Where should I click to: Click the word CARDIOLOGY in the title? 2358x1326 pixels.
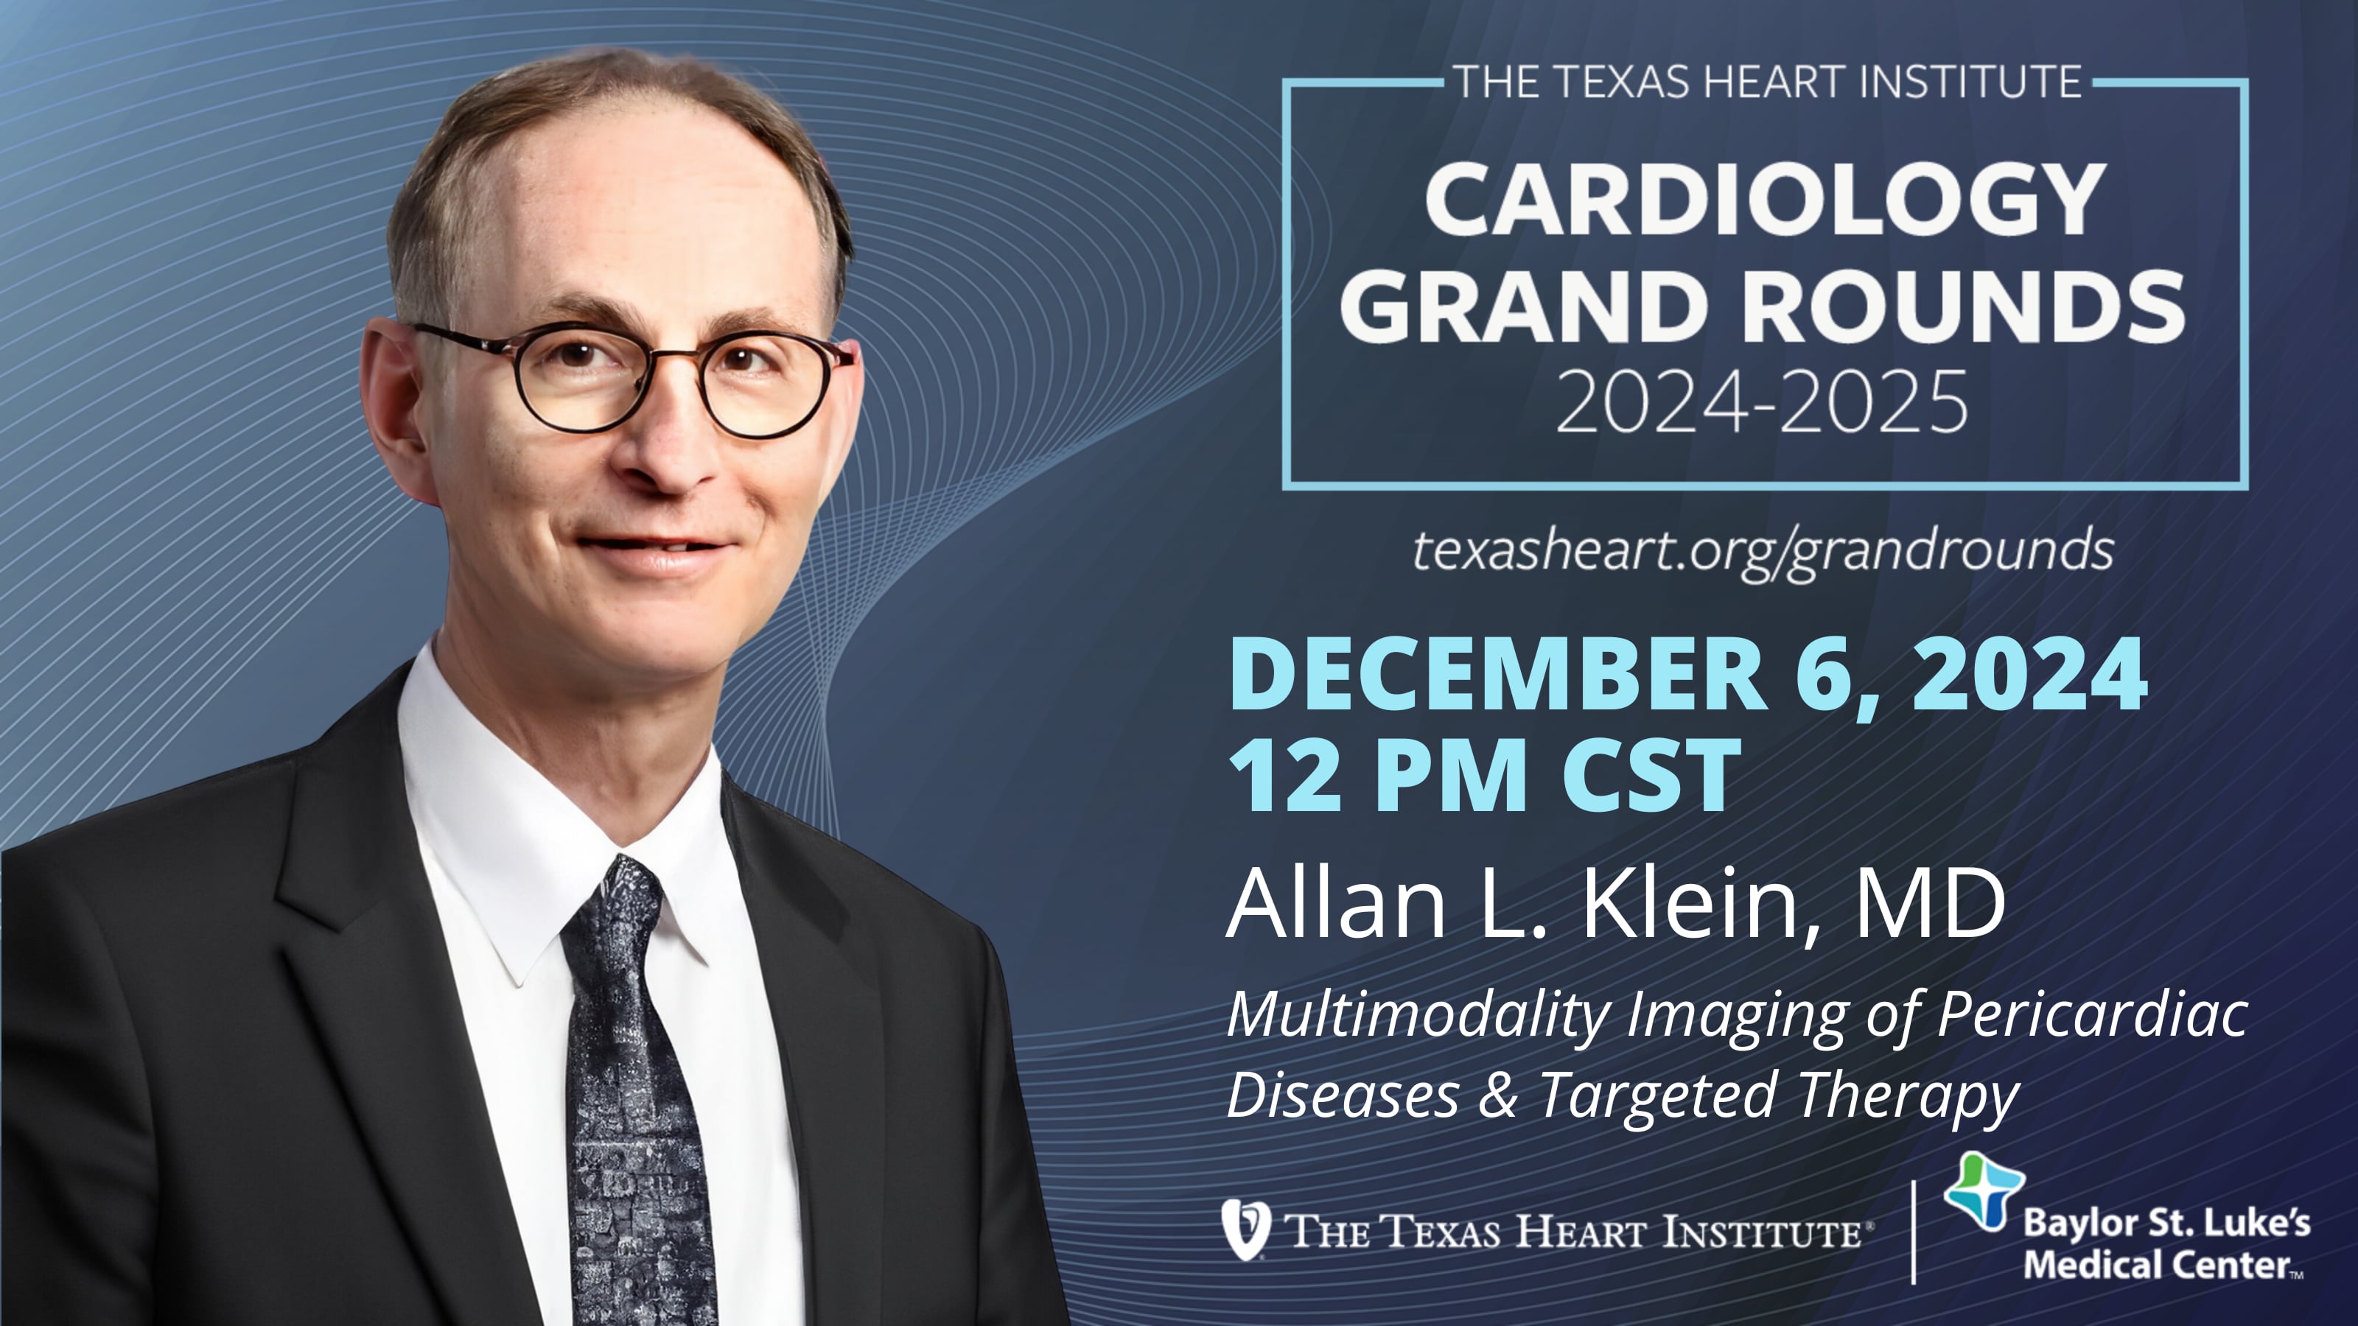(x=1765, y=200)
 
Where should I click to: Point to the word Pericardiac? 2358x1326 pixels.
(x=2092, y=1014)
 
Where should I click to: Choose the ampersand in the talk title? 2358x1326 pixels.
(x=1497, y=1095)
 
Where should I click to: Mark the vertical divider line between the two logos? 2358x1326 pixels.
(x=1913, y=1231)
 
